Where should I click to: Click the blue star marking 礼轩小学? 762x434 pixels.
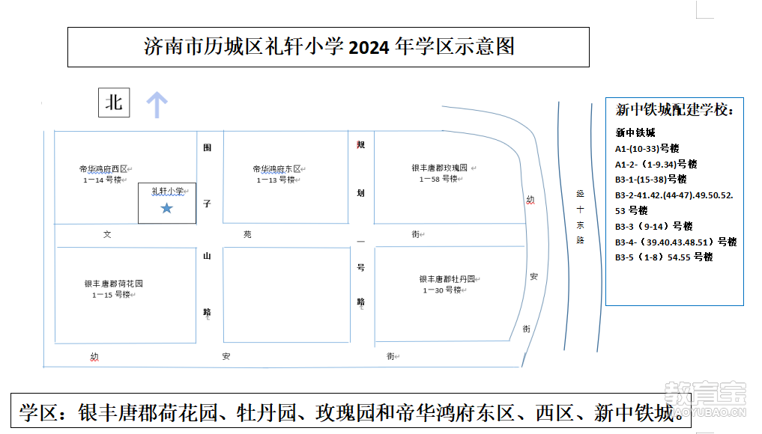(x=166, y=208)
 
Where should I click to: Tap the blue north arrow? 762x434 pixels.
(x=157, y=105)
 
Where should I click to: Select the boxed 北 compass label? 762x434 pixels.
(x=114, y=103)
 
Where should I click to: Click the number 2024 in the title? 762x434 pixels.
(x=369, y=48)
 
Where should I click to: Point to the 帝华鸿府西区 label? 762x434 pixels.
(x=103, y=169)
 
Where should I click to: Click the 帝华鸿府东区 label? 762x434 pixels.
(x=277, y=169)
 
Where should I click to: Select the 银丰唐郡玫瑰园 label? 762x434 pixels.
(x=439, y=168)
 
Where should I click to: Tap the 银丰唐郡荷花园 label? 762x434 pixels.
(x=114, y=284)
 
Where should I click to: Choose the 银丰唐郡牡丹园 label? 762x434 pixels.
(x=447, y=279)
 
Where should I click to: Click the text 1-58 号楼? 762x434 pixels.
(x=438, y=179)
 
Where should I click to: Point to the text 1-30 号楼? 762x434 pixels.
(x=442, y=290)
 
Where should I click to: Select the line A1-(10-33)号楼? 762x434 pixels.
(x=647, y=149)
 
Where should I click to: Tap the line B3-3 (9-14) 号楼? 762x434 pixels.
(x=653, y=226)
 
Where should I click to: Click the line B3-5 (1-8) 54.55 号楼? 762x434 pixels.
(x=664, y=257)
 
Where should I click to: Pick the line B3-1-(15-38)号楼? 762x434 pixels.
(x=650, y=180)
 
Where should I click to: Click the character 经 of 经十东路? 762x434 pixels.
(x=580, y=194)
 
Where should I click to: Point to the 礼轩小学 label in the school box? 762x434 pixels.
(x=167, y=192)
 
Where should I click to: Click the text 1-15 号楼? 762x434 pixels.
(x=112, y=295)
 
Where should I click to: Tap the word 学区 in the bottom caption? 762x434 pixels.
(x=38, y=413)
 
